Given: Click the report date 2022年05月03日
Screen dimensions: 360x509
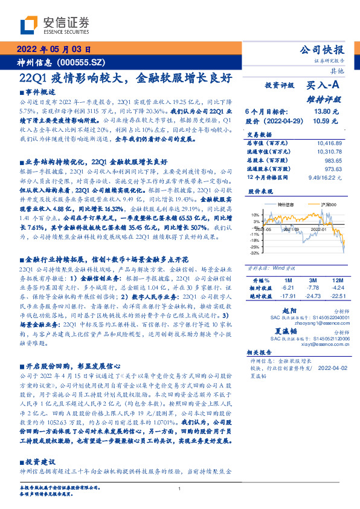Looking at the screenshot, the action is pyautogui.click(x=54, y=50).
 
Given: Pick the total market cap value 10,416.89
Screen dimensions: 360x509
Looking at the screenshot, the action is pyautogui.click(x=330, y=142).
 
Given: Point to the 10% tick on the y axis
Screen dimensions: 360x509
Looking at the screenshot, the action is pyautogui.click(x=255, y=215).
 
